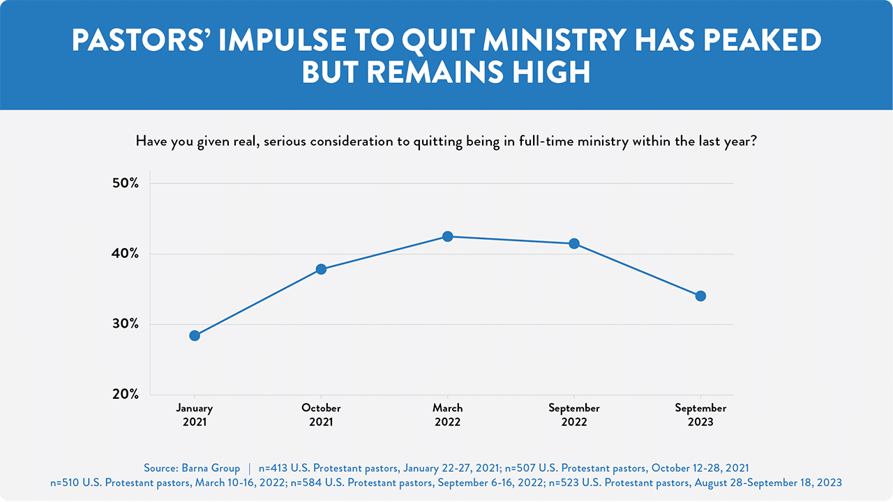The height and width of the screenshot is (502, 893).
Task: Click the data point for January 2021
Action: pyautogui.click(x=195, y=335)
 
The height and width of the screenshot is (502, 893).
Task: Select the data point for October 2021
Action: pyautogui.click(x=322, y=269)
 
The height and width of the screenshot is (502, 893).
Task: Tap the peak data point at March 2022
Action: pyautogui.click(x=448, y=236)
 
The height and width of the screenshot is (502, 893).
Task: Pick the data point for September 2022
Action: pyautogui.click(x=574, y=243)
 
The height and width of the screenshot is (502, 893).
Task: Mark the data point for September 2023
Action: pyautogui.click(x=700, y=296)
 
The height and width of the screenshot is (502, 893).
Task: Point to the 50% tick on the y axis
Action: pyautogui.click(x=126, y=183)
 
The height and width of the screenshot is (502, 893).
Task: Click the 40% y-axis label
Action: pyautogui.click(x=126, y=254)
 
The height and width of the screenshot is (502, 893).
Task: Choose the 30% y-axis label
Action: pyautogui.click(x=126, y=324)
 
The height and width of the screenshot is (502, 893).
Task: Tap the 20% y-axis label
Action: pyautogui.click(x=126, y=395)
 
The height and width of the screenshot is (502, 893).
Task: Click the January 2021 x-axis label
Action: pyautogui.click(x=195, y=415)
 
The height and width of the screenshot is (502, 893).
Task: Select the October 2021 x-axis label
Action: pyautogui.click(x=322, y=415)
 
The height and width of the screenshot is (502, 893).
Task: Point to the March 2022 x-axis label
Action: pyautogui.click(x=448, y=415)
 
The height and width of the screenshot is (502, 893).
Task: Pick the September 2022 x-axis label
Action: pyautogui.click(x=574, y=415)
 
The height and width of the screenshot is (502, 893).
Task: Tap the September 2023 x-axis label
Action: pyautogui.click(x=700, y=415)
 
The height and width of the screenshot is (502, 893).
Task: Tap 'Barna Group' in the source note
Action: pyautogui.click(x=211, y=468)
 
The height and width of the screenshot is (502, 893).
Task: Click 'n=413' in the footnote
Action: pyautogui.click(x=273, y=468)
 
